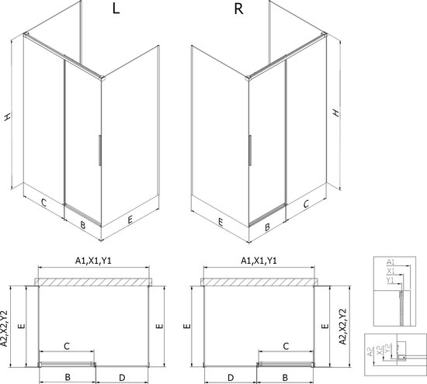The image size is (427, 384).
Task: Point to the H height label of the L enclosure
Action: [8, 116]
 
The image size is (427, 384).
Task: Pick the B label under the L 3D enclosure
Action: [82, 226]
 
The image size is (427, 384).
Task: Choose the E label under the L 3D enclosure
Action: [129, 219]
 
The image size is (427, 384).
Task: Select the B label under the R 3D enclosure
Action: [266, 227]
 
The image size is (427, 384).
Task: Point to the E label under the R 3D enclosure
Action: [221, 220]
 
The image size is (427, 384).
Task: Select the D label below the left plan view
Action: [122, 377]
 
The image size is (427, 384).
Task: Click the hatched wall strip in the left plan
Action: [93, 282]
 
